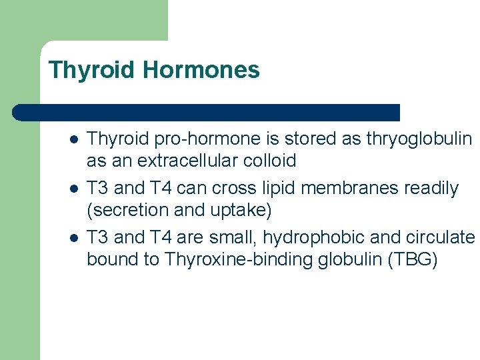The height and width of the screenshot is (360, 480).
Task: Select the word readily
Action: coord(434,189)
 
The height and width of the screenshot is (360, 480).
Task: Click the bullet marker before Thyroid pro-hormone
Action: coord(74,140)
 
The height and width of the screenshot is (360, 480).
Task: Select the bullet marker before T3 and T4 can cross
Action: coord(74,189)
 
